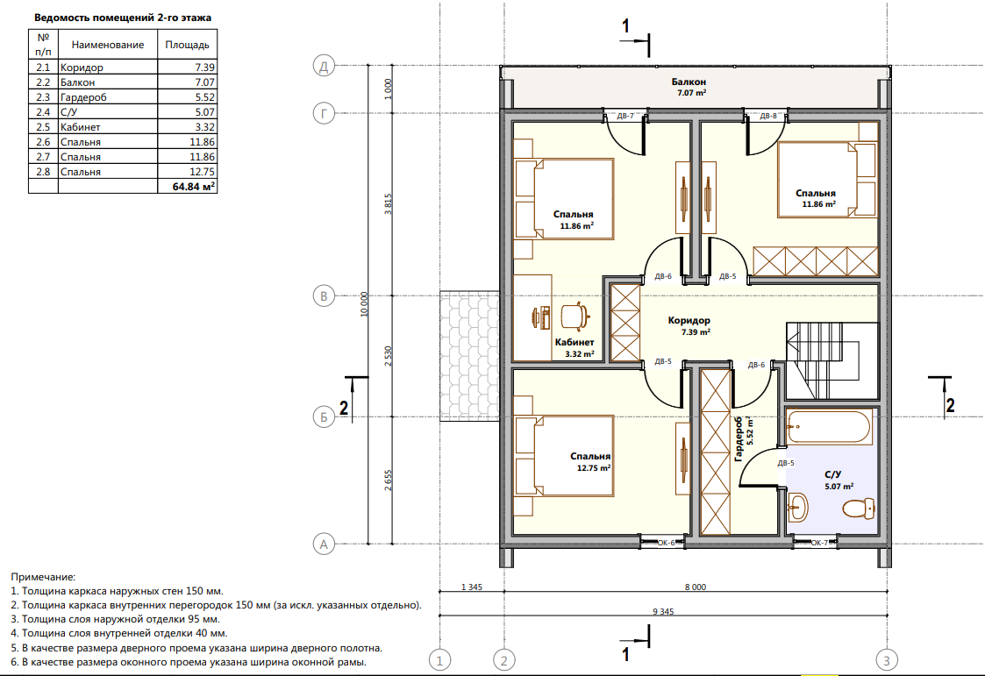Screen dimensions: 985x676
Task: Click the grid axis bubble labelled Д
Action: [x=324, y=66]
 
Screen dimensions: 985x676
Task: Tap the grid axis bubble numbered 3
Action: [x=887, y=660]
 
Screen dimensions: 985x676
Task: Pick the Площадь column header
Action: [x=187, y=45]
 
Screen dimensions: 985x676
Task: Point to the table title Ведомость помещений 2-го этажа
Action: [x=123, y=18]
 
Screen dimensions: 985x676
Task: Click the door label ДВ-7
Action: [x=625, y=116]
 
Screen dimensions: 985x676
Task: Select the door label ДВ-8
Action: [x=768, y=116]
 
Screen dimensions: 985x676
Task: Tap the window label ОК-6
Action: [x=666, y=543]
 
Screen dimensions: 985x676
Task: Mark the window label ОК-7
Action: [x=819, y=543]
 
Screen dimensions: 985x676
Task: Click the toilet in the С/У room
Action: [x=859, y=509]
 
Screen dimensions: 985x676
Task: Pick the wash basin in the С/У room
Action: [x=796, y=507]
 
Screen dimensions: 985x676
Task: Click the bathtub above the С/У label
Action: [x=829, y=428]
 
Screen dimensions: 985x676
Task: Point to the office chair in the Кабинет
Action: [x=575, y=316]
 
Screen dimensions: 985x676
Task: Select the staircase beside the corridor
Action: [x=832, y=360]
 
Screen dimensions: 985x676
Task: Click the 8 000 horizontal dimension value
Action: [x=696, y=587]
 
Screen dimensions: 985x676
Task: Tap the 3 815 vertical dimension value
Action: [x=389, y=204]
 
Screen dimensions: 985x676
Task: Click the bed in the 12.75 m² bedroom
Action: [x=564, y=456]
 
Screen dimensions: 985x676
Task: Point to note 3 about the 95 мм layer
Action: [x=116, y=620]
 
